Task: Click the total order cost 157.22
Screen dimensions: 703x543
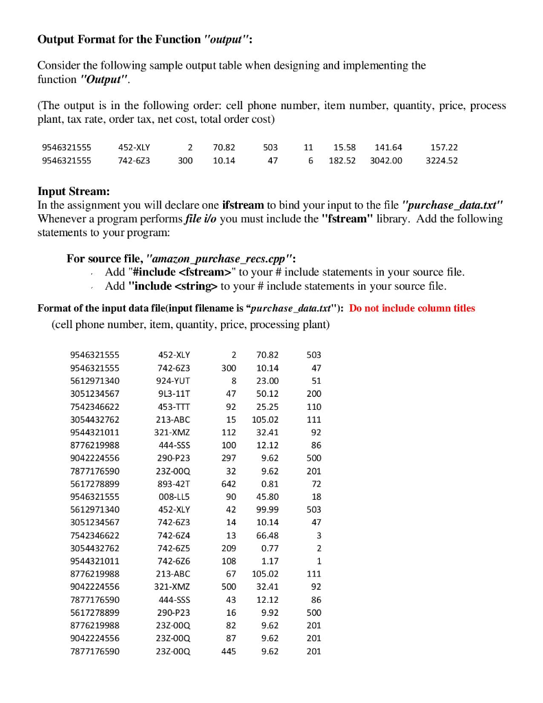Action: pos(443,148)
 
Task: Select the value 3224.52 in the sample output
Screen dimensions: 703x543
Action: pos(441,161)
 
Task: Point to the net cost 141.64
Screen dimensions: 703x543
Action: pos(389,148)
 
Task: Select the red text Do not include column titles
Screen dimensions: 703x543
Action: pos(412,308)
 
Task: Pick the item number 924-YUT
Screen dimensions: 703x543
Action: pos(174,381)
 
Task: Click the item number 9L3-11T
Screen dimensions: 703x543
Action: pos(174,394)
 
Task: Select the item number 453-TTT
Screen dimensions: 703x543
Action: pos(174,407)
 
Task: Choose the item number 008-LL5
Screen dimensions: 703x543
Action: pos(174,497)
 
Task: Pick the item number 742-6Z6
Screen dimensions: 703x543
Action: pos(174,562)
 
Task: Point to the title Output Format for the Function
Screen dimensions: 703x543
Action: pos(120,39)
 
